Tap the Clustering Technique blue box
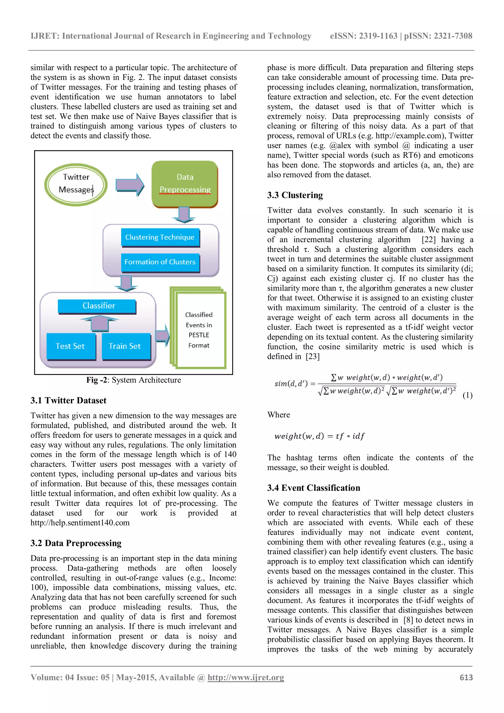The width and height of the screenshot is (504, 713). tap(160, 237)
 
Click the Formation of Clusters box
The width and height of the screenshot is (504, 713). tap(160, 262)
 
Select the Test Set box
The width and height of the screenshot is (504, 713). tap(70, 346)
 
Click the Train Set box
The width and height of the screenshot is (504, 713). tap(125, 346)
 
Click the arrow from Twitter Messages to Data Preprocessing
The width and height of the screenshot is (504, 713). tap(130, 185)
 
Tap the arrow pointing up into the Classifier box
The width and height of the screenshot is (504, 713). tap(99, 323)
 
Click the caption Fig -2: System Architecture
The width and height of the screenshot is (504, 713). tap(133, 380)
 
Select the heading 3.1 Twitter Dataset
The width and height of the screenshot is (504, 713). tap(68, 401)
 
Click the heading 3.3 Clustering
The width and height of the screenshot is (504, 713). tap(295, 195)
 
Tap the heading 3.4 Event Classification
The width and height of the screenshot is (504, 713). tap(314, 488)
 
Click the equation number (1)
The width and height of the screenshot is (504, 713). tap(467, 395)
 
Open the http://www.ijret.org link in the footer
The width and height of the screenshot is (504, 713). tap(246, 678)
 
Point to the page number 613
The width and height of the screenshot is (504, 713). tap(466, 678)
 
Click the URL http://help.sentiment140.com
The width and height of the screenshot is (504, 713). tap(80, 523)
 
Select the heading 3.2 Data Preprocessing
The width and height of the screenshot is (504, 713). tap(76, 543)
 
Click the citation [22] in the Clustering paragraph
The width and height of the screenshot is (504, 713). tap(428, 240)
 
